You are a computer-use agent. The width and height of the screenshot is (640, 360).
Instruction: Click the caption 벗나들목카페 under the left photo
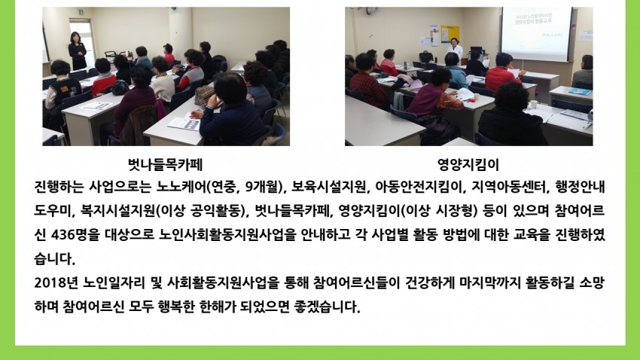(165, 164)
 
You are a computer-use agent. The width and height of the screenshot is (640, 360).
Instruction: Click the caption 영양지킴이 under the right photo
(468, 164)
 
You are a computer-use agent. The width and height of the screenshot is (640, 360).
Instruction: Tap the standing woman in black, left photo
(77, 51)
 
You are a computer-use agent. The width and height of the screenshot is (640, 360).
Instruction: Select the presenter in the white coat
(455, 50)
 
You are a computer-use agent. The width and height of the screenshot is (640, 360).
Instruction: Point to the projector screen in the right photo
(537, 34)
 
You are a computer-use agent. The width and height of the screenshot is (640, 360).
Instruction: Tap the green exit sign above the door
(81, 12)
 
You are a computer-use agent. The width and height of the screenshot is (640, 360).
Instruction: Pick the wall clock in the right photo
(372, 11)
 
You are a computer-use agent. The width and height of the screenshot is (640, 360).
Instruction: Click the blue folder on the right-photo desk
(579, 91)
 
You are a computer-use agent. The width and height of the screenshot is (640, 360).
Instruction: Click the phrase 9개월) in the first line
(265, 187)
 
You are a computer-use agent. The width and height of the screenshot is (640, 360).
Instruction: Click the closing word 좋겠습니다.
(327, 306)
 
